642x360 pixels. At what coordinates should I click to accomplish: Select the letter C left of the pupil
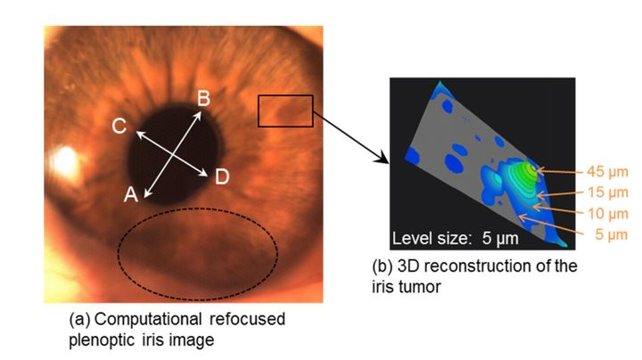tap(118, 127)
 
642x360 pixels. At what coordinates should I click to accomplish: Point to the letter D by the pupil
tap(222, 176)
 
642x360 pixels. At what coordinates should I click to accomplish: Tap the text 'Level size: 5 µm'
tap(455, 239)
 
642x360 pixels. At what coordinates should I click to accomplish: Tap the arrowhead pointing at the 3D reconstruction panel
tap(386, 160)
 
